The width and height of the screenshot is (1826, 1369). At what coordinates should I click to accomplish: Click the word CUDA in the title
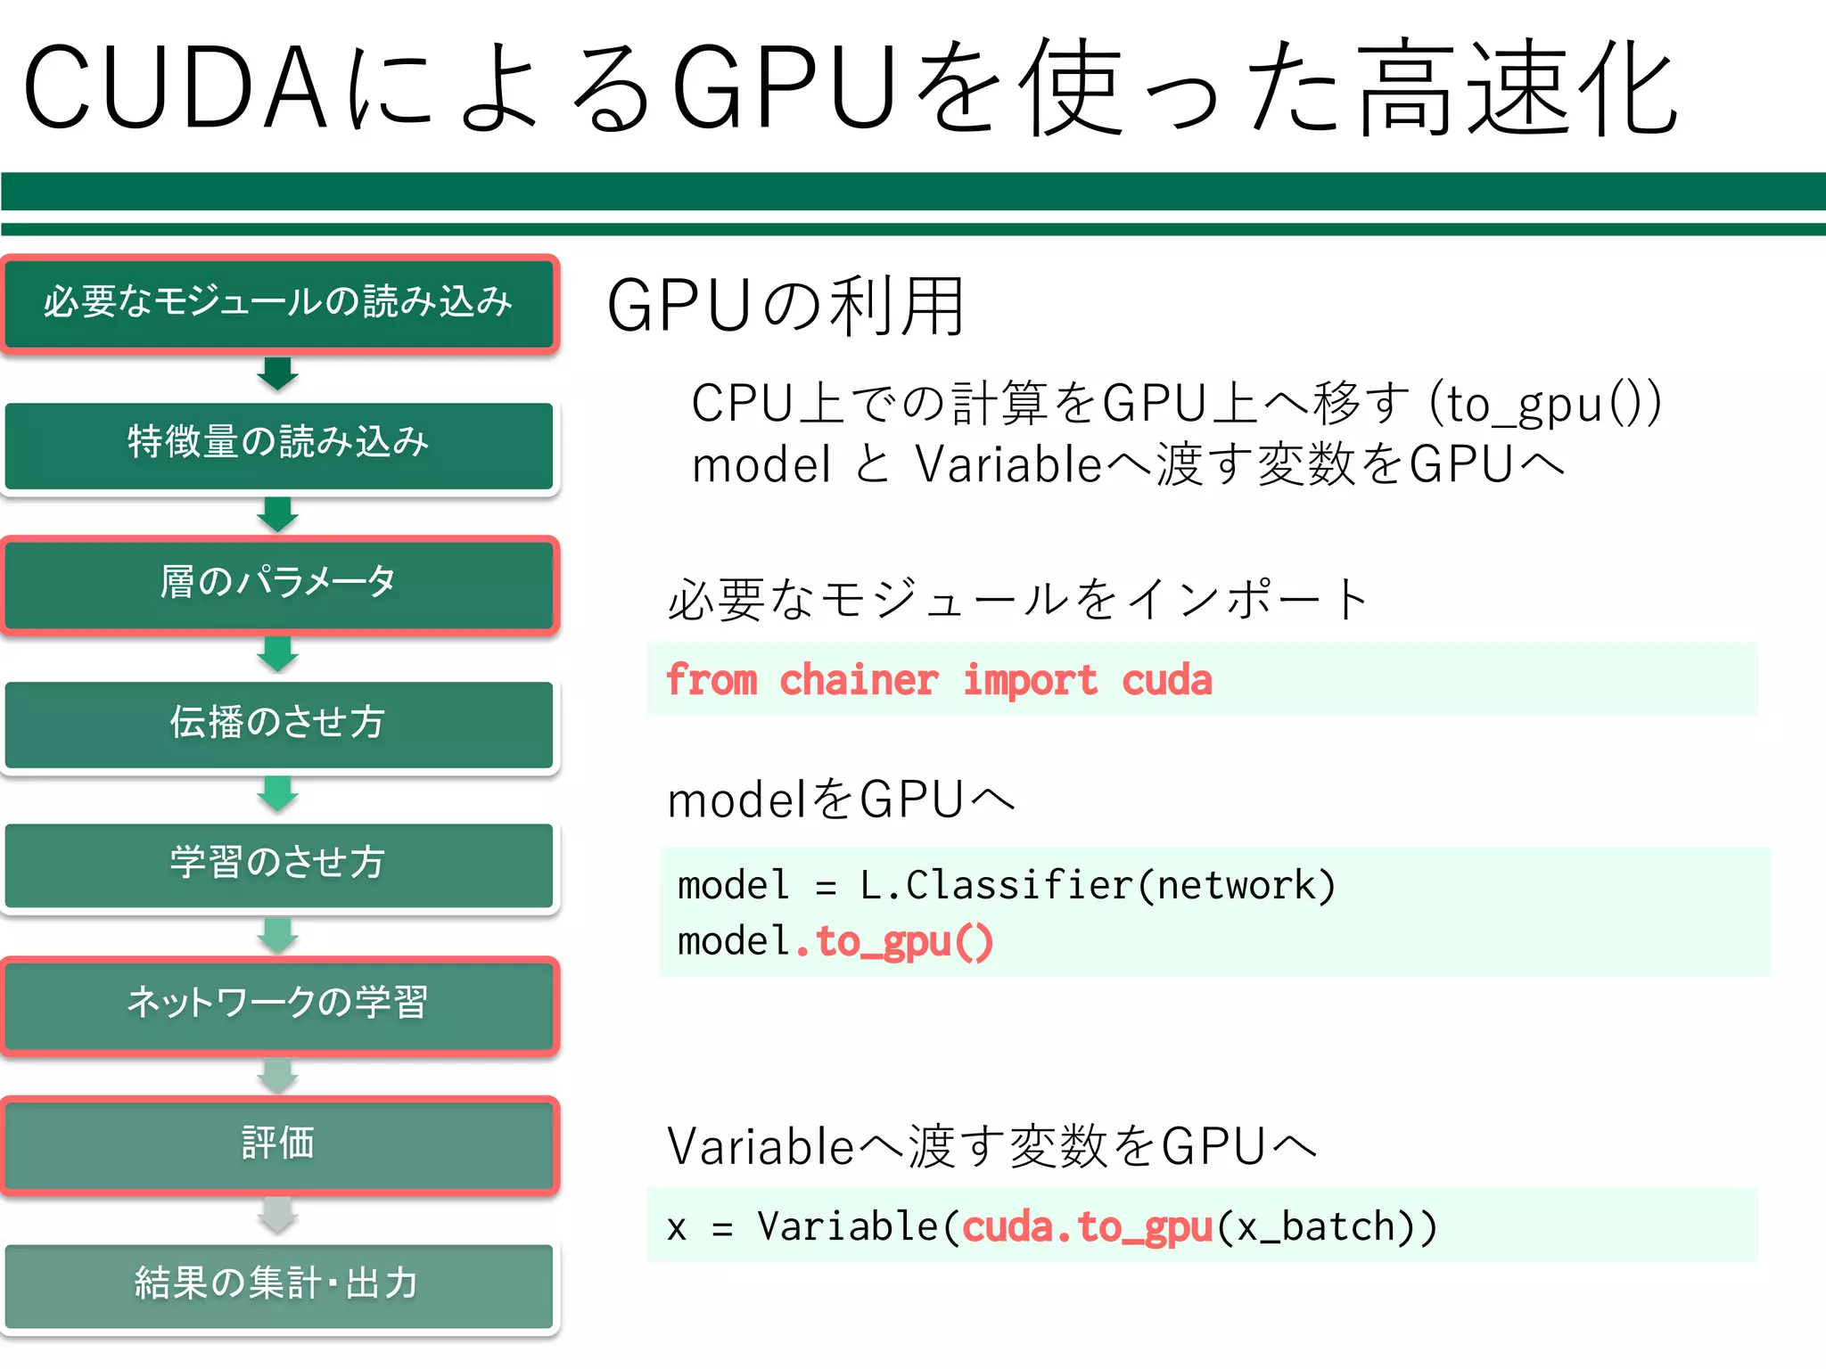click(174, 87)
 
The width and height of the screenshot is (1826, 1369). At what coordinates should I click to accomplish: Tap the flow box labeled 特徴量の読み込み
click(278, 443)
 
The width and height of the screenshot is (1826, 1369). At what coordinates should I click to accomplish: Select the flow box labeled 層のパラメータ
click(278, 584)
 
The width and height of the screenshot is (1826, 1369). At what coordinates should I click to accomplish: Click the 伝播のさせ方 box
click(278, 724)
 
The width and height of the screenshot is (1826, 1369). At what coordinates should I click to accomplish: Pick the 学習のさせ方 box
click(278, 864)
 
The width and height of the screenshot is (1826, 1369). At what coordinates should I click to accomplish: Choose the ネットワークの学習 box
click(278, 1004)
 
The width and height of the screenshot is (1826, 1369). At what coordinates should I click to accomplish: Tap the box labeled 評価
click(278, 1144)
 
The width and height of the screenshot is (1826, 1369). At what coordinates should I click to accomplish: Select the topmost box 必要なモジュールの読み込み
click(278, 303)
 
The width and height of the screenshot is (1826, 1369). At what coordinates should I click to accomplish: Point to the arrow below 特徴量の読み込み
click(278, 514)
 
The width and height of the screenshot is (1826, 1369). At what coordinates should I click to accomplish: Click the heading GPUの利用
click(786, 307)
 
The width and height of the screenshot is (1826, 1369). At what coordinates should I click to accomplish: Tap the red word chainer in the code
click(859, 680)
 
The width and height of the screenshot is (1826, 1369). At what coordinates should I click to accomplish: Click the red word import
click(1030, 680)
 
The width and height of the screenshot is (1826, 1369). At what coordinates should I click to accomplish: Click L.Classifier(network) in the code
click(1097, 886)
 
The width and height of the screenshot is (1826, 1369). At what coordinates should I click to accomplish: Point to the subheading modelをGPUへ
click(841, 799)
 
